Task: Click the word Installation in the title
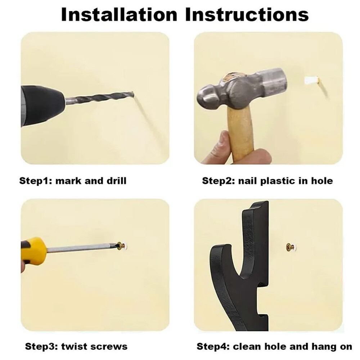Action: (x=119, y=15)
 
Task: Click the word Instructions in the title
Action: (x=247, y=15)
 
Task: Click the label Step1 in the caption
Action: (x=36, y=181)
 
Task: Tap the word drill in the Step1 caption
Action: (x=116, y=180)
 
